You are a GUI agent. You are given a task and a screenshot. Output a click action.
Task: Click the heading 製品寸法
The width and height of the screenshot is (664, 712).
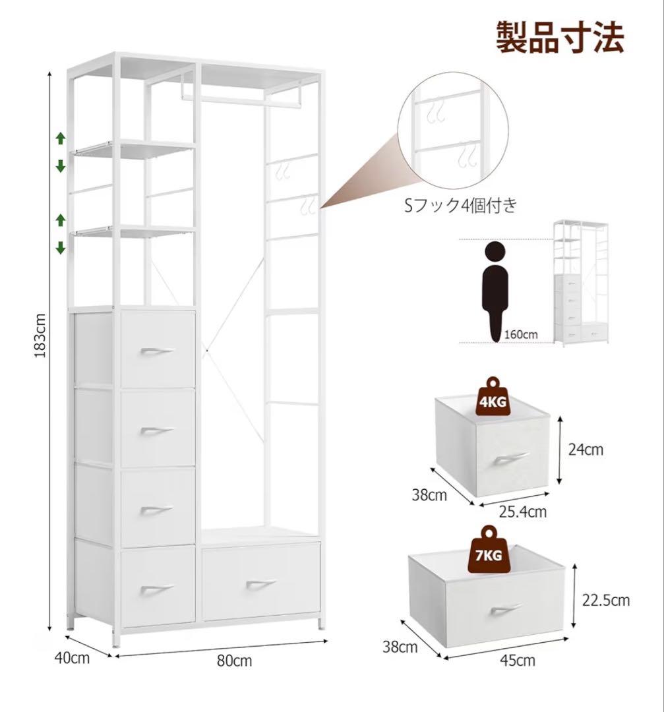point(559,37)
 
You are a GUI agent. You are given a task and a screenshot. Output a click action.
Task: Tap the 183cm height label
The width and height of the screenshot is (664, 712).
point(41,335)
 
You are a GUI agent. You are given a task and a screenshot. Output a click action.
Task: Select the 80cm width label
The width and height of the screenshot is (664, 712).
point(234,661)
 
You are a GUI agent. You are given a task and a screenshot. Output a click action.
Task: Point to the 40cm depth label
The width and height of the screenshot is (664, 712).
point(72,657)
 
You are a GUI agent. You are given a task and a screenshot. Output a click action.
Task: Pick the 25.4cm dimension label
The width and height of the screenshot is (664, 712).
point(523,511)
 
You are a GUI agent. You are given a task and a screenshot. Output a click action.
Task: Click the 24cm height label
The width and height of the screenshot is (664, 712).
point(585,450)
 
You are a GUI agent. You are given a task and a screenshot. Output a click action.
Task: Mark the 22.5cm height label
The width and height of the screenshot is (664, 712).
point(606,600)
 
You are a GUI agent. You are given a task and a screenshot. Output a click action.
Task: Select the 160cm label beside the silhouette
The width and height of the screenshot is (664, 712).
point(520,334)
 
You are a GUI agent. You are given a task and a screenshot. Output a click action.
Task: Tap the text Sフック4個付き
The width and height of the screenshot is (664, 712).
point(460,206)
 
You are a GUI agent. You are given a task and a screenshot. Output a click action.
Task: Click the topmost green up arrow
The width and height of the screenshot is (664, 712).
point(61,138)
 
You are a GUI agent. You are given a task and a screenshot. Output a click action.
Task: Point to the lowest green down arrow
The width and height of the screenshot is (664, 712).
point(61,248)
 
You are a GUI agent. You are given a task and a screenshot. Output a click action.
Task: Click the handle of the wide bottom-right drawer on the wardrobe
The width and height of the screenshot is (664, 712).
point(261,584)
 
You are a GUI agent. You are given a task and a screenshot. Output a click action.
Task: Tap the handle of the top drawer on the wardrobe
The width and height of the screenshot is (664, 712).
point(157,351)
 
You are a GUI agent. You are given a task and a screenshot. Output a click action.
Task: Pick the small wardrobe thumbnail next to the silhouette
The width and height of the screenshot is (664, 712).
point(580,283)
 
